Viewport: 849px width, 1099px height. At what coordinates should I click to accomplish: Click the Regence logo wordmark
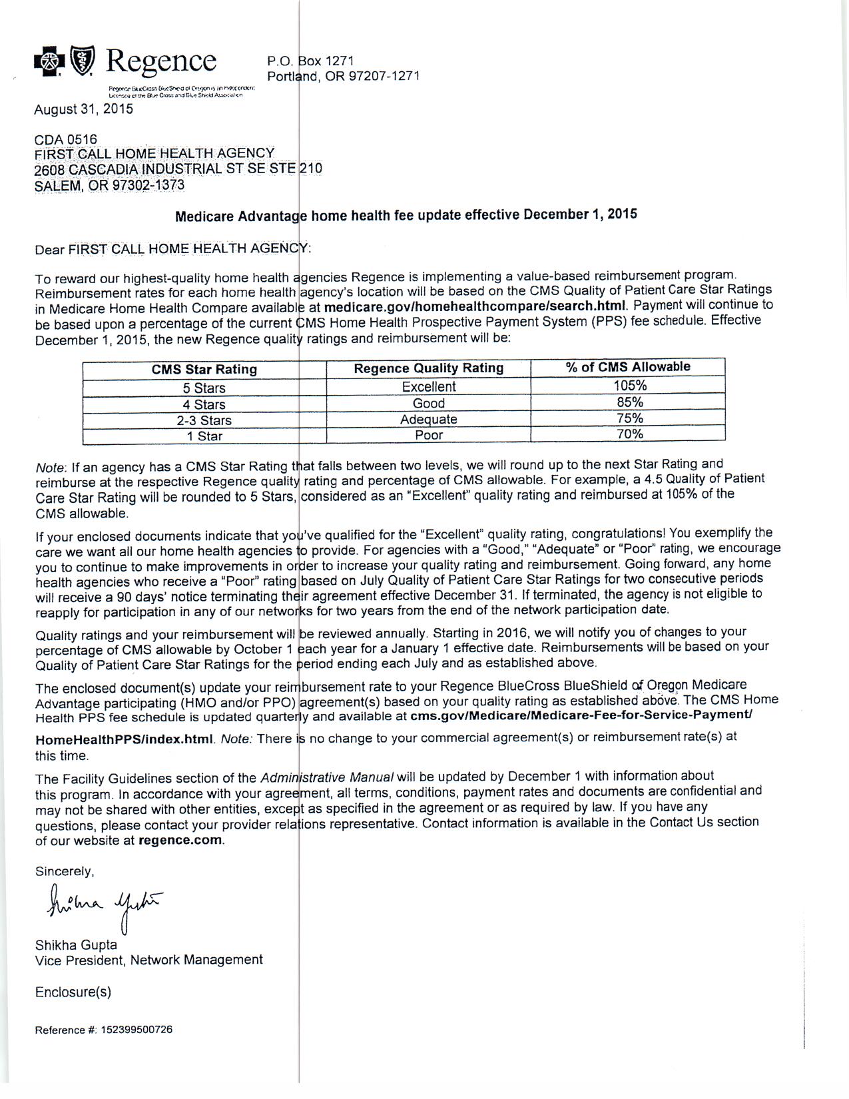pyautogui.click(x=161, y=61)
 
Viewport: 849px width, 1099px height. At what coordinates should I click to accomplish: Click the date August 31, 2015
pyautogui.click(x=83, y=109)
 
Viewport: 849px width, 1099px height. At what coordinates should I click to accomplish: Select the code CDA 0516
pyautogui.click(x=65, y=139)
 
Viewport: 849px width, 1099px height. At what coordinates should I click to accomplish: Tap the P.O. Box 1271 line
pyautogui.click(x=310, y=61)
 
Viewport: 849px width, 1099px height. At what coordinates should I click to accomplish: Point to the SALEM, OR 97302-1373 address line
pyautogui.click(x=109, y=185)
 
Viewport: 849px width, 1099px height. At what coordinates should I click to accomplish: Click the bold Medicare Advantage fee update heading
pyautogui.click(x=406, y=215)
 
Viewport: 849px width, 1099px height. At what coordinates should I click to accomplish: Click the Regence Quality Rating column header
pyautogui.click(x=428, y=368)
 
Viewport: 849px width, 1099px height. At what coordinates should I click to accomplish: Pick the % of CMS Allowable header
pyautogui.click(x=628, y=367)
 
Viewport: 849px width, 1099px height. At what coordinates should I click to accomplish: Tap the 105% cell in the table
pyautogui.click(x=629, y=385)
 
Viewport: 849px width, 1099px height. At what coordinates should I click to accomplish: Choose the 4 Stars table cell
pyautogui.click(x=204, y=404)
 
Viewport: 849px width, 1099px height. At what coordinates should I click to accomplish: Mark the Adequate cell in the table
pyautogui.click(x=428, y=420)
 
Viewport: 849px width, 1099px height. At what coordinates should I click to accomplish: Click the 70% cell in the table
pyautogui.click(x=629, y=434)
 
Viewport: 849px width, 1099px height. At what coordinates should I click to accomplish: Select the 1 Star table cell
pyautogui.click(x=204, y=436)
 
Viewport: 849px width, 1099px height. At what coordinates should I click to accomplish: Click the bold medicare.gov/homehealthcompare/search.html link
pyautogui.click(x=475, y=306)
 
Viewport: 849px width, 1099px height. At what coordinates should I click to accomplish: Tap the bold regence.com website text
pyautogui.click(x=180, y=840)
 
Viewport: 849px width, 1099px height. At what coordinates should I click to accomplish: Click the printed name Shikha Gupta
pyautogui.click(x=76, y=945)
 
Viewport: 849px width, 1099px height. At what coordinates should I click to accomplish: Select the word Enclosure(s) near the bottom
pyautogui.click(x=73, y=992)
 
